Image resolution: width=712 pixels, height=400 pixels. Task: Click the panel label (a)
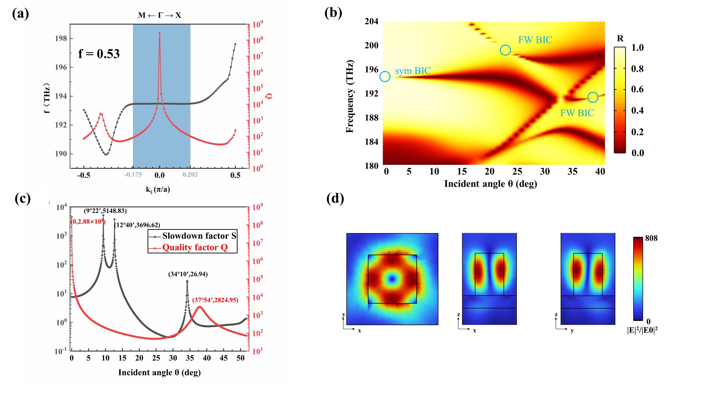click(x=20, y=14)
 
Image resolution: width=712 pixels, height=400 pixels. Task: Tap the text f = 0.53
click(x=99, y=54)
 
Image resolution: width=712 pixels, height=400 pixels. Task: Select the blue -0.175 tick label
click(x=133, y=175)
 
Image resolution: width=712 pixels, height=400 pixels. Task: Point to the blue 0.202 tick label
click(x=190, y=175)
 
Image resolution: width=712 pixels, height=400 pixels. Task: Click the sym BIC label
click(x=413, y=71)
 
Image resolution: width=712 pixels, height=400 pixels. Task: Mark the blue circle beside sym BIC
click(x=385, y=76)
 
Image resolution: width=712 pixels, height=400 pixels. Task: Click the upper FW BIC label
click(x=535, y=40)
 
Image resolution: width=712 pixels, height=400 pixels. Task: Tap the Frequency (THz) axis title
click(x=350, y=96)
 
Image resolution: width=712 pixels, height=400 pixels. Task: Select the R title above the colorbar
click(x=620, y=39)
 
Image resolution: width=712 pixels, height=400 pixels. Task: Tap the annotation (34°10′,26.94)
click(x=188, y=274)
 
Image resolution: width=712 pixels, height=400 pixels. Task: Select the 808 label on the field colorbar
click(x=651, y=238)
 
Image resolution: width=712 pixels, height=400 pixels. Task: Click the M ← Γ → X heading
click(x=159, y=15)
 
